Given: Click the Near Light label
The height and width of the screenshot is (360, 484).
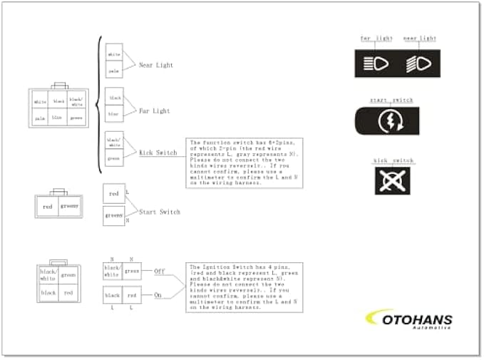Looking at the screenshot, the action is point(155,65).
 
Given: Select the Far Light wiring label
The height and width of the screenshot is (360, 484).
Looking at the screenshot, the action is point(154,111).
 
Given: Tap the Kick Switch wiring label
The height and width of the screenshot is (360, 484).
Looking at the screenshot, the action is point(158,153).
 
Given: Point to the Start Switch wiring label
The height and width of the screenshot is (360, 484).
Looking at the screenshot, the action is point(159,212).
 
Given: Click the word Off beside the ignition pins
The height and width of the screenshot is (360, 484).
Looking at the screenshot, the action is point(159,272).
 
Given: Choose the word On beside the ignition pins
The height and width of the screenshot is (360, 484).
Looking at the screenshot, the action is point(158,294).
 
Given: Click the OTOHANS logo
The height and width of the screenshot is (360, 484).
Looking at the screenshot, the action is point(411,319).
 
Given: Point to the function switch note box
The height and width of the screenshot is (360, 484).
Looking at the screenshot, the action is point(245,163).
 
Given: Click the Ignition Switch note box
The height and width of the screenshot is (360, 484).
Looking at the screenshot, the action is point(245,287).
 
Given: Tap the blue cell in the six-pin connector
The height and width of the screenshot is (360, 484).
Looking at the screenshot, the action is point(58,118).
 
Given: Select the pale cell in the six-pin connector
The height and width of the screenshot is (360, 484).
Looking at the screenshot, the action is point(40,118).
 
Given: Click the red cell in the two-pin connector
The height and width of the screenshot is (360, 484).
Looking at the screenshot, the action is point(48,207).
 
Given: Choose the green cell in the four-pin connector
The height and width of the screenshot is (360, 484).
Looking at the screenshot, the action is point(68,274).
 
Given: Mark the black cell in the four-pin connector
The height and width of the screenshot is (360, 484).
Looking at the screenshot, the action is point(48,293).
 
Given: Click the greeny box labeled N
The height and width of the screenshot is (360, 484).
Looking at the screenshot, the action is point(114,215).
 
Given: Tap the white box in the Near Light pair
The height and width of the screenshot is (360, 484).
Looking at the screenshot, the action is point(114,54).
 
